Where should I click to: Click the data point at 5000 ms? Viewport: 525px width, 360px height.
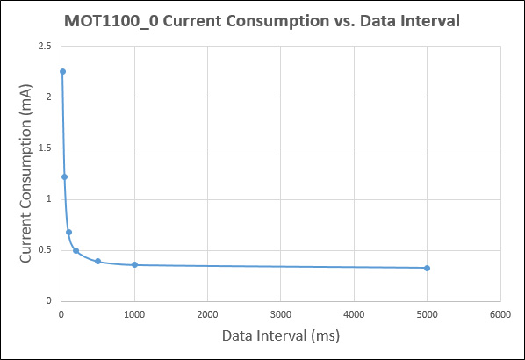pos(427,268)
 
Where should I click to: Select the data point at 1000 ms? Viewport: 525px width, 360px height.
pos(134,264)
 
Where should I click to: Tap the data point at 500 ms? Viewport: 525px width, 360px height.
pos(97,262)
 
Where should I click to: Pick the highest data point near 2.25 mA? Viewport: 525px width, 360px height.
pos(62,72)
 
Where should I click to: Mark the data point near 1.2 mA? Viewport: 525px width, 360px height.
pos(64,176)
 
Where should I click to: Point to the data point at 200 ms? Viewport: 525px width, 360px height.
pos(76,251)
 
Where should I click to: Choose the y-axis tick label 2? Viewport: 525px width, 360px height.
pos(47,97)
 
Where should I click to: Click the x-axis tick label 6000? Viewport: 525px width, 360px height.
pos(500,314)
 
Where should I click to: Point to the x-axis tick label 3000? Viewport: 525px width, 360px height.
pos(281,314)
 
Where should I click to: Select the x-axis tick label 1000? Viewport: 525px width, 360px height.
pos(134,314)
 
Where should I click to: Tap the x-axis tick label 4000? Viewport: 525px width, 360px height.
pos(354,314)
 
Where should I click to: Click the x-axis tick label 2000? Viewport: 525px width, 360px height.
pos(207,314)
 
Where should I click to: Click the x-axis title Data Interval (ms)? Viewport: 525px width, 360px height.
pos(280,336)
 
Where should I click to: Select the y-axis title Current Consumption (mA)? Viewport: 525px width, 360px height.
pos(25,173)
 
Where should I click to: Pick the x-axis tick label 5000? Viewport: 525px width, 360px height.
pos(427,314)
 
